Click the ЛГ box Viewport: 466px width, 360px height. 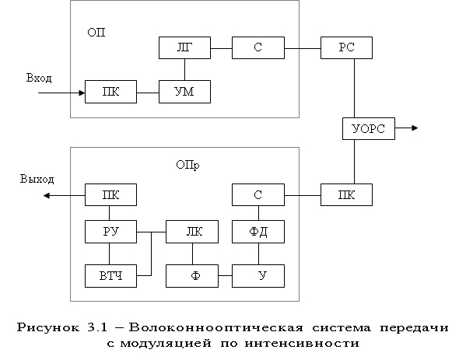pos(184,48)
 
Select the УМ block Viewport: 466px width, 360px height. pos(184,92)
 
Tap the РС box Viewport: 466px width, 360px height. pos(346,48)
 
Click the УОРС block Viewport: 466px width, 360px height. pos(369,128)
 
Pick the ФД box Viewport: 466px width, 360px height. pos(258,232)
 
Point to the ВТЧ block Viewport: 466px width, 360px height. pos(110,276)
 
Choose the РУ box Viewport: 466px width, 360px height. pos(110,232)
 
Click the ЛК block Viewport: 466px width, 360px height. pos(192,232)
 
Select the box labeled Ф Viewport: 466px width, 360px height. pos(192,276)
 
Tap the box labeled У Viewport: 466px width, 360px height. pos(258,276)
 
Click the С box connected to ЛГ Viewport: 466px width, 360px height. pos(258,48)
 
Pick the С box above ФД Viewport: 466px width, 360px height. pos(258,195)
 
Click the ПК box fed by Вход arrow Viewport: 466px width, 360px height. pos(110,92)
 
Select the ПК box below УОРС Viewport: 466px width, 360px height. pos(346,195)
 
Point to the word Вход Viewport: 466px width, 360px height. pos(39,78)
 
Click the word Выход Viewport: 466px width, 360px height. pos(37,179)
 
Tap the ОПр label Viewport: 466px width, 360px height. pos(187,165)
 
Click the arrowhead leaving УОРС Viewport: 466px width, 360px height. pos(415,128)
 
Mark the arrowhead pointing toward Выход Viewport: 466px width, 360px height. pos(47,195)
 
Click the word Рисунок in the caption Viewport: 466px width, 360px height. pos(48,327)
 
